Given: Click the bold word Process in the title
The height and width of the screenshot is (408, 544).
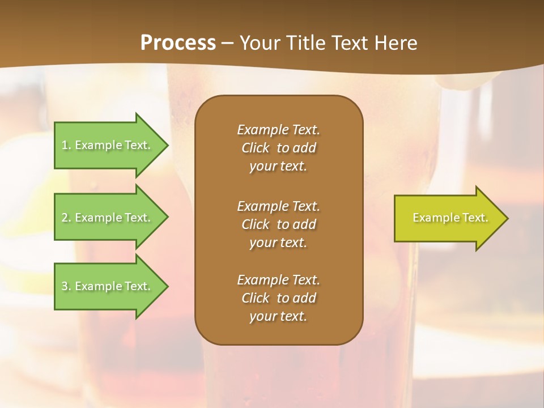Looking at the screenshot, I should (x=178, y=43).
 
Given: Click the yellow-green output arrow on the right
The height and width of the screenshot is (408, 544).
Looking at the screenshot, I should (x=448, y=218).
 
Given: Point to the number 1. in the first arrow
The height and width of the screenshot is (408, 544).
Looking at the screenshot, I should (x=66, y=145).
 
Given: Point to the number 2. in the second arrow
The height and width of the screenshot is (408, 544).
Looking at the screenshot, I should (x=66, y=218).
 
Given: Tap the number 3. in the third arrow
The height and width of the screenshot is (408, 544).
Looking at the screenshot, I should (x=66, y=286).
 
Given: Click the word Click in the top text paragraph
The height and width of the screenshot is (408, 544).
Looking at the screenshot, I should (x=256, y=148).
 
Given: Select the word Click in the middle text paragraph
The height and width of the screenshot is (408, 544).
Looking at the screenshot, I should (x=256, y=224).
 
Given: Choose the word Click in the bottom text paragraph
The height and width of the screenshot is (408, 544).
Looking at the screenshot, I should (x=256, y=298).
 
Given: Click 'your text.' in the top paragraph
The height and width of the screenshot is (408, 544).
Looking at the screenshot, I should (x=278, y=167).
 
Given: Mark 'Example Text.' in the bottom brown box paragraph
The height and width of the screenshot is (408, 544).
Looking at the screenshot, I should (x=278, y=280).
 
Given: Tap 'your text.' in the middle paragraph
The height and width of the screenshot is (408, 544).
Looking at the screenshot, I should (x=278, y=243).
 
